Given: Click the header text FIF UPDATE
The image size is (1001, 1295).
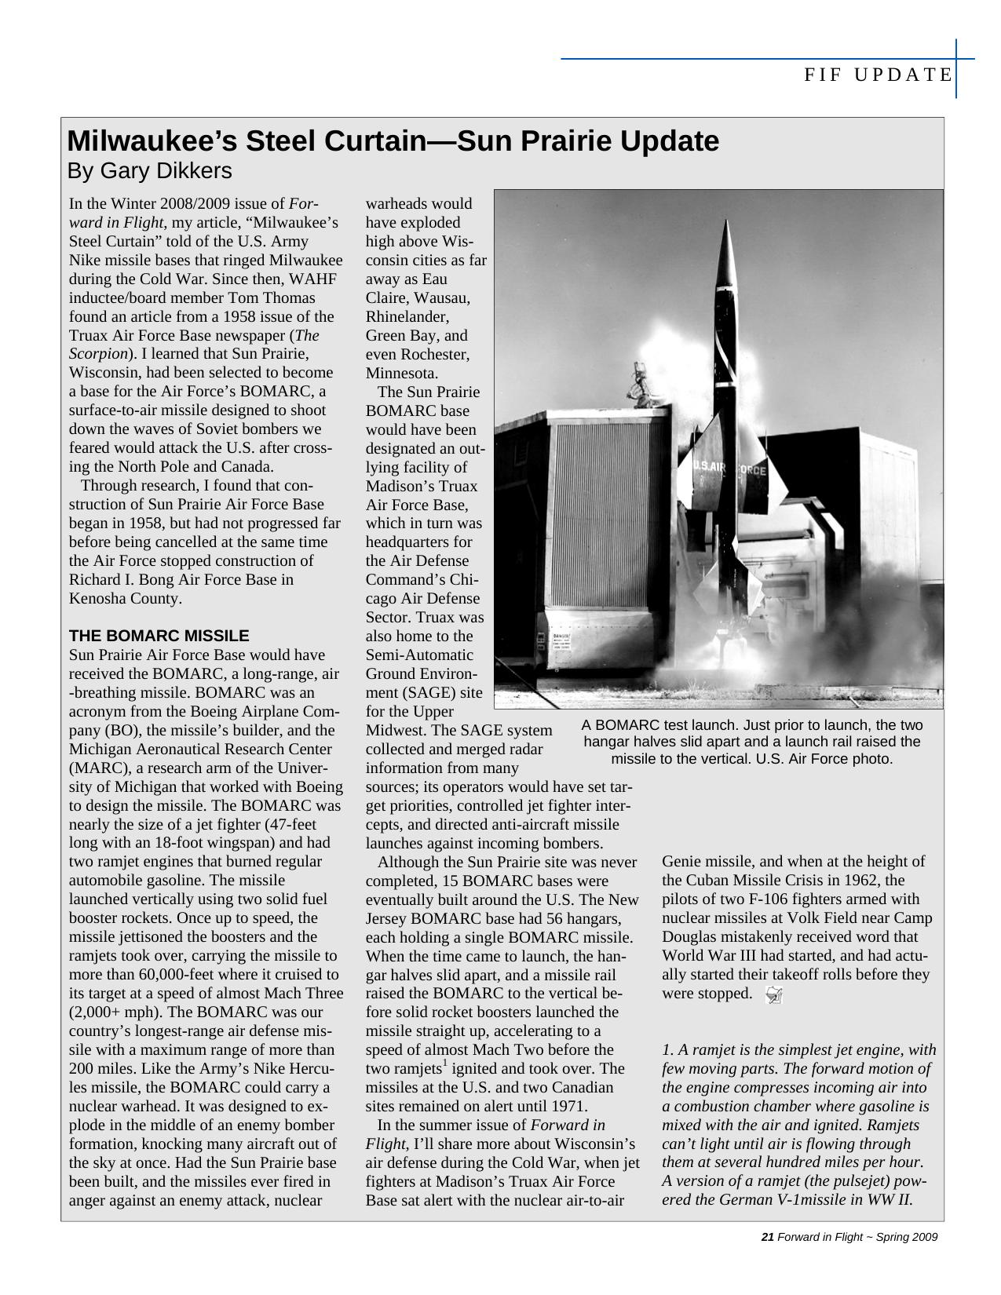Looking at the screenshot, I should point(878,75).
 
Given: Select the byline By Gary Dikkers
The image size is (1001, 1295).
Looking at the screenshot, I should point(149,171).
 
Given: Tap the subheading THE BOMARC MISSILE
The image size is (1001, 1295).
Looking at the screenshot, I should point(159,636).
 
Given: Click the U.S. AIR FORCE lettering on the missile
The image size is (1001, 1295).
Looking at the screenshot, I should point(729,469).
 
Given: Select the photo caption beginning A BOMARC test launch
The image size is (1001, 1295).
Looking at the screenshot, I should point(752,742).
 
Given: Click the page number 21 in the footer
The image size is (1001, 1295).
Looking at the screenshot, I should point(768,1238).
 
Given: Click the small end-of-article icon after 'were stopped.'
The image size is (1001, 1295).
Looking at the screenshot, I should point(774,995).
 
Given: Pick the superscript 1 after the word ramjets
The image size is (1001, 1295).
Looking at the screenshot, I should point(444,1063).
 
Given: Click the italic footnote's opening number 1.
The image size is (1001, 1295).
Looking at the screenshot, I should point(666,1050).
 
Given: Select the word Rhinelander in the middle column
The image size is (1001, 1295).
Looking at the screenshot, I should point(407,316).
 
